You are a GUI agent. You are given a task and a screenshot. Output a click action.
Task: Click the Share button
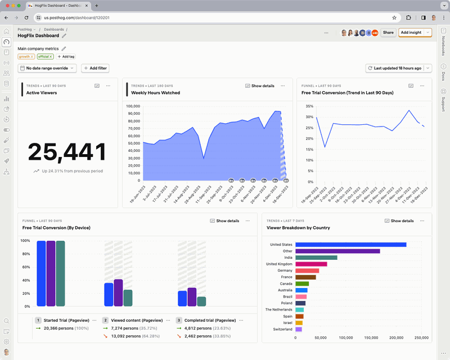click(x=388, y=33)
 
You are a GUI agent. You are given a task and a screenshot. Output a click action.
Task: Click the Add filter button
click(x=95, y=68)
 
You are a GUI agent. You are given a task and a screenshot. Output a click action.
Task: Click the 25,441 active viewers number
click(x=67, y=152)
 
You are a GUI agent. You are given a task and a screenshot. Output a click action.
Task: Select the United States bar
click(x=350, y=245)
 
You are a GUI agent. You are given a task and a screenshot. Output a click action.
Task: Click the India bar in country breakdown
click(x=316, y=258)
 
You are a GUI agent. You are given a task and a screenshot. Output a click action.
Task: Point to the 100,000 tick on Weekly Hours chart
click(x=133, y=106)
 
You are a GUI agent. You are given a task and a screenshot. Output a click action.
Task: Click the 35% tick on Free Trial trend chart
click(x=308, y=106)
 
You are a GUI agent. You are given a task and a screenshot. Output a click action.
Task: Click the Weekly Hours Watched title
click(x=155, y=93)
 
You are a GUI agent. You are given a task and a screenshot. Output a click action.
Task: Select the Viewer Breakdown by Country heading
click(x=298, y=228)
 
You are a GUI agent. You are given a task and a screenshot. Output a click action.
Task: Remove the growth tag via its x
click(x=32, y=57)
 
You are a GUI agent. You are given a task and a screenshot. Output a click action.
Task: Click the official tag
click(x=43, y=57)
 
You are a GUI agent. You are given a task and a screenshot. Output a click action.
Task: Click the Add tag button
click(x=65, y=57)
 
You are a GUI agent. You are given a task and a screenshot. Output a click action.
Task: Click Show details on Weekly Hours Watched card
click(x=260, y=86)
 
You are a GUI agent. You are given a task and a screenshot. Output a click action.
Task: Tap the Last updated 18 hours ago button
click(x=395, y=68)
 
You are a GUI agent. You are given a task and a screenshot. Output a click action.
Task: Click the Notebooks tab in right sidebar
click(x=443, y=46)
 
